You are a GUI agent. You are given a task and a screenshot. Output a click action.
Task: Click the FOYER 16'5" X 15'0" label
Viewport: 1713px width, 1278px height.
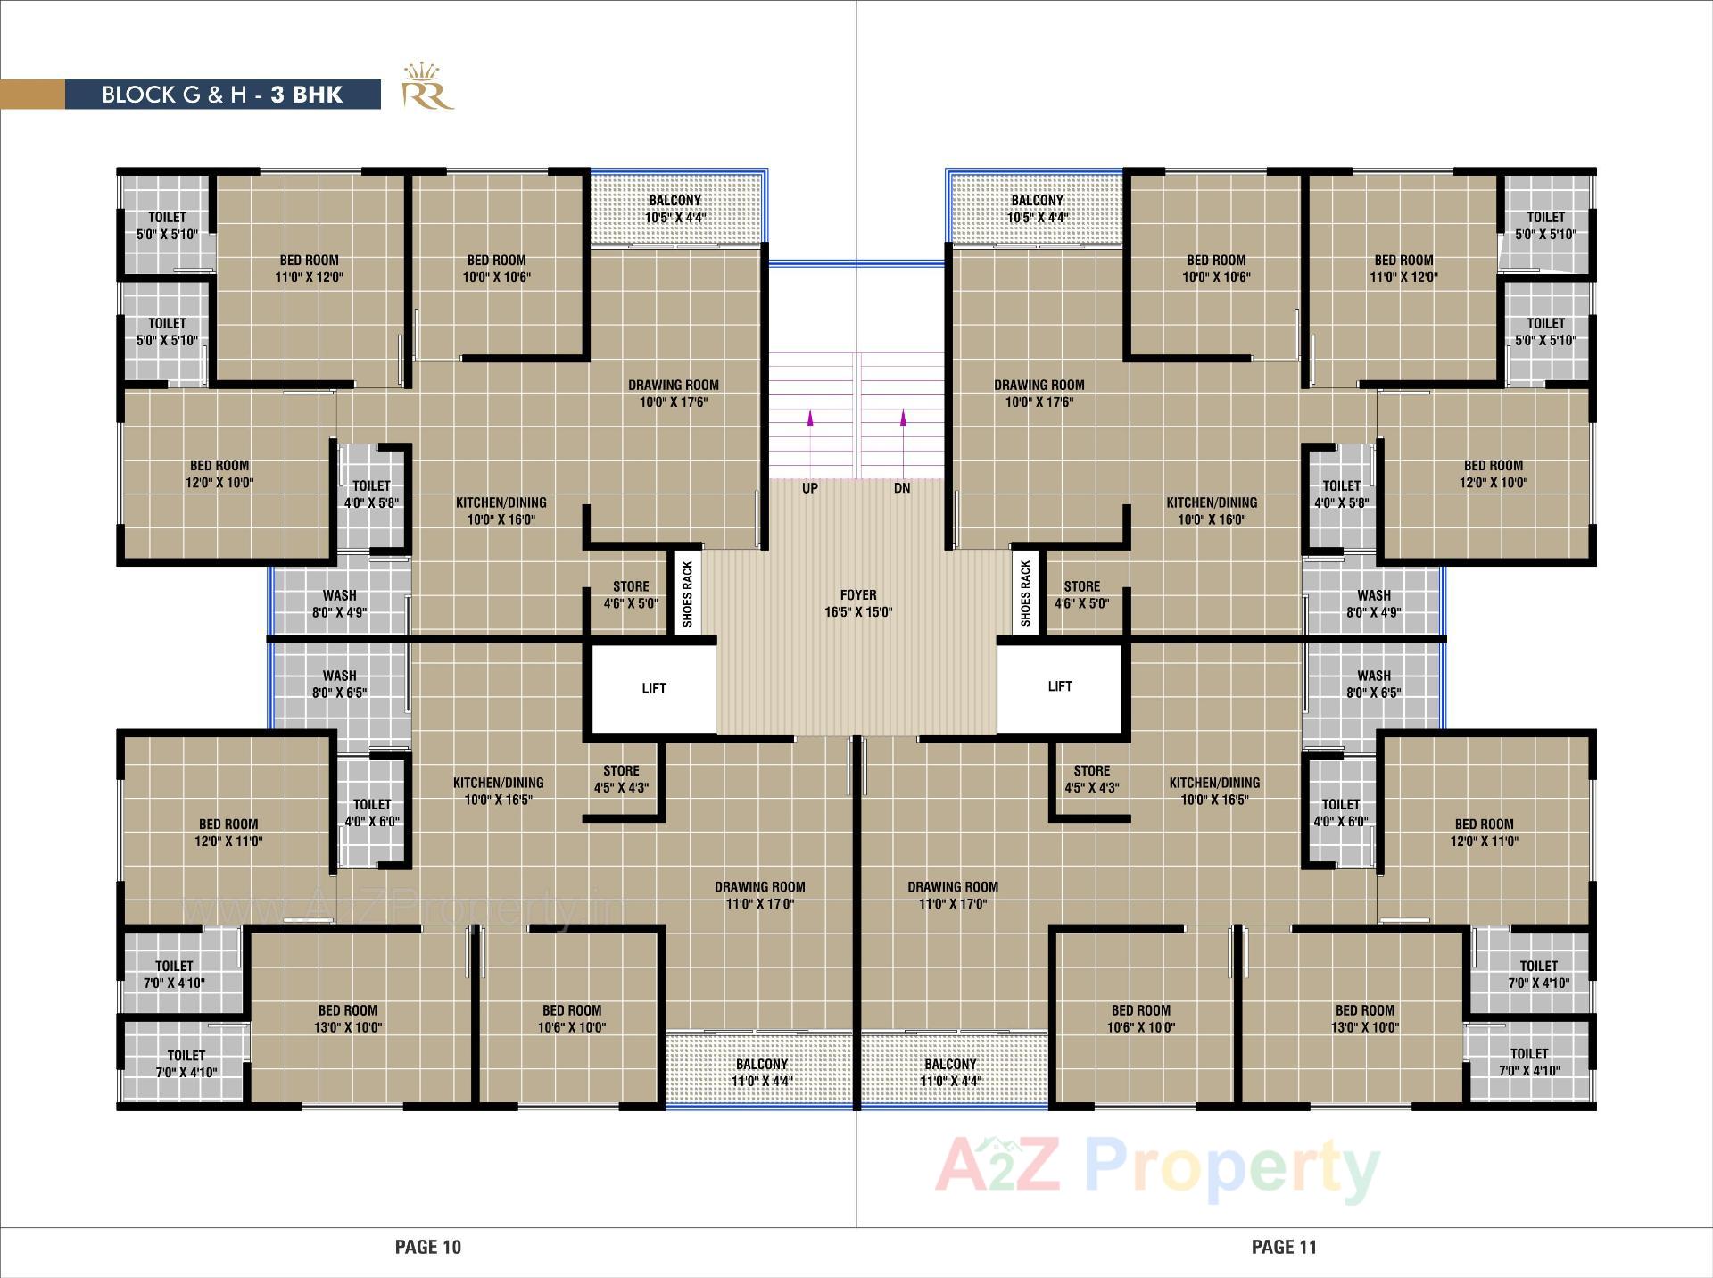tap(858, 603)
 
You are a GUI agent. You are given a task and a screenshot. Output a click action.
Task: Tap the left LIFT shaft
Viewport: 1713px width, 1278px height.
tap(653, 688)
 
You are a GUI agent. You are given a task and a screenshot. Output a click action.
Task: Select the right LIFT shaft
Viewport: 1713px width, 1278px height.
tap(1060, 686)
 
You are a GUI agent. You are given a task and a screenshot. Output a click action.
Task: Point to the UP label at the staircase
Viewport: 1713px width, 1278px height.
tap(810, 488)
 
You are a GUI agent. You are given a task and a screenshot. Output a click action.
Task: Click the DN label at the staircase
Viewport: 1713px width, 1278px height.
tap(902, 488)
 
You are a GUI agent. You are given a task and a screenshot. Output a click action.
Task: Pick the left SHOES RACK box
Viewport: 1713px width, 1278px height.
tap(687, 593)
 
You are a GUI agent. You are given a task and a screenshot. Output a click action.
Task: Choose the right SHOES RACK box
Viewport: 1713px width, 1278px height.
tap(1025, 593)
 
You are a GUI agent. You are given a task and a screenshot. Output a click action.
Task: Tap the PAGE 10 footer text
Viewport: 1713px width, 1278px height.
tap(428, 1247)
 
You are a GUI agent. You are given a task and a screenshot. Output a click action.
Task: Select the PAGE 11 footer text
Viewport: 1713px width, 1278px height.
tap(1284, 1247)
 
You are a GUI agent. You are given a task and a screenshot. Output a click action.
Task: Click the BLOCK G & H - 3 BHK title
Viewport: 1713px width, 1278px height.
tap(222, 95)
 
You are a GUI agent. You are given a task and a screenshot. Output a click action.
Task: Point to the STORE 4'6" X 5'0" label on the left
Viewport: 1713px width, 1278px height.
tap(631, 594)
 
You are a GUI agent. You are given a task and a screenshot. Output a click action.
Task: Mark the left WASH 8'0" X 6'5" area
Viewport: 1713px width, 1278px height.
tap(339, 684)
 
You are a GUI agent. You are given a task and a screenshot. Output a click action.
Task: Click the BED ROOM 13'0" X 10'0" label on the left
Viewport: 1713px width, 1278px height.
tap(348, 1018)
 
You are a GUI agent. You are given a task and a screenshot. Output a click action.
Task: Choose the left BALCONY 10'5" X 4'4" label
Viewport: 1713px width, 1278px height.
tap(675, 209)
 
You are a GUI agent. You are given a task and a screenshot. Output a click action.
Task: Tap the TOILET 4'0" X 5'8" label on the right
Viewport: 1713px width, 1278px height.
tap(1341, 494)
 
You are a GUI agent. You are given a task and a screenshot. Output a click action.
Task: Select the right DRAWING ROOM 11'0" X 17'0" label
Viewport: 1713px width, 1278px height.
tap(953, 895)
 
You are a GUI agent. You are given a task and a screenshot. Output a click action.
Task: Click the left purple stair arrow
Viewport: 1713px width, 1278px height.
tap(810, 417)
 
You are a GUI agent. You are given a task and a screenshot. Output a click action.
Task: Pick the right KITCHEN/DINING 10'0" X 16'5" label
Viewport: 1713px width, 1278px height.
tap(1214, 791)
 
